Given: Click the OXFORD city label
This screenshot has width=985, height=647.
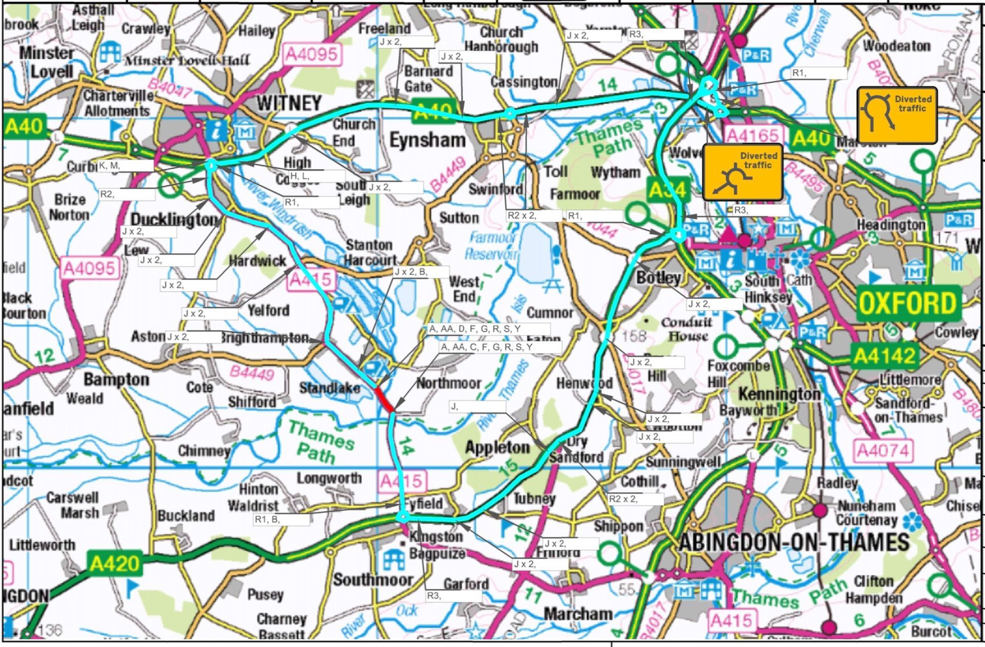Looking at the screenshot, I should point(907,304).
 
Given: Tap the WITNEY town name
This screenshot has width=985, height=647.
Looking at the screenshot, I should point(289,103).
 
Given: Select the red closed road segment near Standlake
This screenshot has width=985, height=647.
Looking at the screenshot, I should point(384,399).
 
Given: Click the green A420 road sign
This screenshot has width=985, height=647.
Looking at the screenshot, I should point(114,563).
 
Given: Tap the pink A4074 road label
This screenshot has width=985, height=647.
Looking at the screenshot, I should point(883,451).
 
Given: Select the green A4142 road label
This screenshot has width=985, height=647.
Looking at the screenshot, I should point(884,355).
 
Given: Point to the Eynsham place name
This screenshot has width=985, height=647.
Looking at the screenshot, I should point(427,140).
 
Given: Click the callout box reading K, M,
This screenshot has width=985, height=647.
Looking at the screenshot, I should point(125,165).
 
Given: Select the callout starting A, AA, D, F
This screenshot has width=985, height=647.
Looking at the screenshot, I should point(488,328).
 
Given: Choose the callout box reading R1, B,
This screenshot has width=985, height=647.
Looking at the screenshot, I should point(281,519).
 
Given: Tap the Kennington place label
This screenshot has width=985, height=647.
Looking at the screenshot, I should point(779,394).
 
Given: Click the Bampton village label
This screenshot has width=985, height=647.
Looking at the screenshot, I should point(116,379).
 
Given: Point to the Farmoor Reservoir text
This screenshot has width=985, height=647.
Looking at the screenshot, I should point(491,246).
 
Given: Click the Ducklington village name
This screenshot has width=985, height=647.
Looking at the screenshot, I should point(174,220).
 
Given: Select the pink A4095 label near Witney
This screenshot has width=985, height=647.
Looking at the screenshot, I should point(312,54).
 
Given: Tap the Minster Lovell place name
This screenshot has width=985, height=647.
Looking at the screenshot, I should point(47,62).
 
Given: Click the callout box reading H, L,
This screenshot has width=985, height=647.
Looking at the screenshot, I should point(317,176).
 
